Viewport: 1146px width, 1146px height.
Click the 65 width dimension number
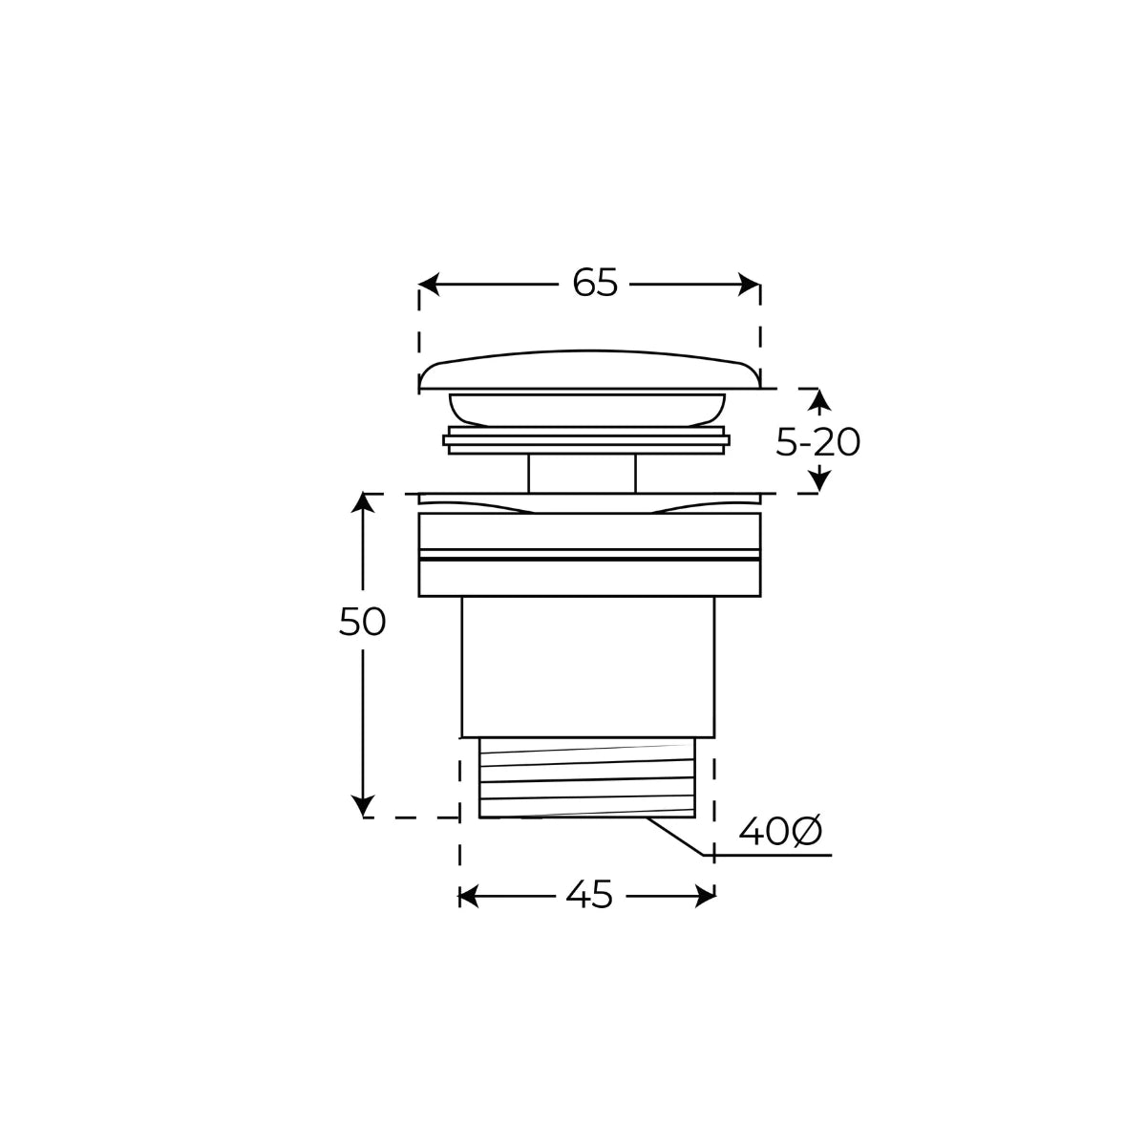[595, 283]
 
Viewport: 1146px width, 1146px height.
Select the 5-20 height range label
[817, 442]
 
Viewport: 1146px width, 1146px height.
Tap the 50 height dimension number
[362, 622]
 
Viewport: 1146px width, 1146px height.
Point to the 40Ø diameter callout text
[779, 832]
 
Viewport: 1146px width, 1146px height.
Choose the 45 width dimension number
[589, 895]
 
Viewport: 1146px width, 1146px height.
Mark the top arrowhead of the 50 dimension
[363, 503]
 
